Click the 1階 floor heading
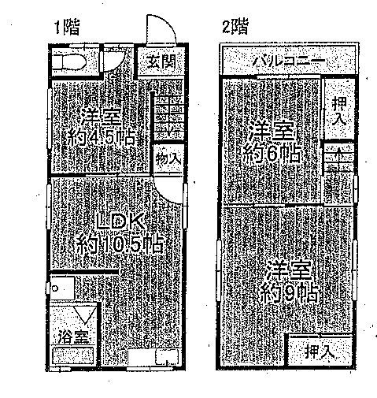click(x=67, y=28)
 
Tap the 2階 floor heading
click(x=235, y=27)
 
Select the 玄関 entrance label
click(x=161, y=62)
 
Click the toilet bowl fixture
click(x=68, y=62)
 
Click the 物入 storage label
click(x=168, y=159)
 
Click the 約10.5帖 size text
click(x=120, y=244)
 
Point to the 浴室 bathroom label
click(x=73, y=337)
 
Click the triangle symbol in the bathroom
click(x=84, y=314)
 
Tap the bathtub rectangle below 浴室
click(x=73, y=355)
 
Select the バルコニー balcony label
click(x=289, y=61)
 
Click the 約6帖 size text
click(x=272, y=154)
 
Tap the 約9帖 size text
click(x=290, y=292)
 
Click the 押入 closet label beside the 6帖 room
click(x=339, y=110)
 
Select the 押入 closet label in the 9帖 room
click(x=320, y=351)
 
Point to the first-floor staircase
click(x=168, y=115)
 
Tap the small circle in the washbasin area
click(x=55, y=288)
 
